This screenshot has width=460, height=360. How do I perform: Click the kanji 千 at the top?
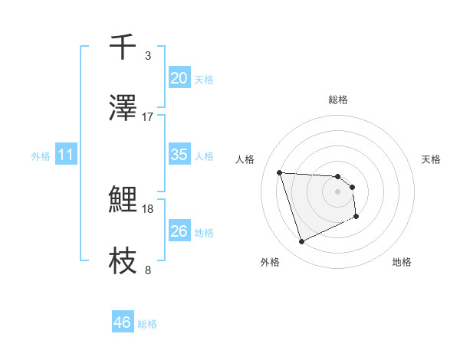click(x=123, y=47)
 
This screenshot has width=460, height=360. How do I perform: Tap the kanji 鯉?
click(x=123, y=200)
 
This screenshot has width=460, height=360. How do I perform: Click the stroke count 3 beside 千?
click(x=148, y=56)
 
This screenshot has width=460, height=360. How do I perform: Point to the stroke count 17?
click(x=148, y=117)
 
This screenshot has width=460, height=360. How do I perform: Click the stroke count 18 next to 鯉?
click(x=148, y=209)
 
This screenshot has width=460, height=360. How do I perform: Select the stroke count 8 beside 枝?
click(x=148, y=270)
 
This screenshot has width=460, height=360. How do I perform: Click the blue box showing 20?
click(x=179, y=78)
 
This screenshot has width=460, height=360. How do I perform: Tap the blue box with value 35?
click(x=179, y=155)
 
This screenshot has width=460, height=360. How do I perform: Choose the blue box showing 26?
click(x=179, y=231)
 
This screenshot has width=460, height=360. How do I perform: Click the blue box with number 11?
click(x=66, y=155)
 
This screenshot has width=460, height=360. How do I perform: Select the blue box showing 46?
click(x=123, y=322)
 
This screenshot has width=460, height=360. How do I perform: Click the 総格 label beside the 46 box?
click(x=147, y=324)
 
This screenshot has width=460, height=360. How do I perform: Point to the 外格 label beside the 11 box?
click(x=41, y=156)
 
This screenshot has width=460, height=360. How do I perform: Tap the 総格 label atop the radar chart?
click(x=338, y=100)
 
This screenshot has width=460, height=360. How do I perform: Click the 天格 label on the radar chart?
click(x=432, y=159)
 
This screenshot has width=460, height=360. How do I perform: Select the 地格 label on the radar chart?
click(x=402, y=262)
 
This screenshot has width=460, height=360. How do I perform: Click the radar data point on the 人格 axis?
click(x=280, y=172)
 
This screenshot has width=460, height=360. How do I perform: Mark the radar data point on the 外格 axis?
click(x=301, y=242)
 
